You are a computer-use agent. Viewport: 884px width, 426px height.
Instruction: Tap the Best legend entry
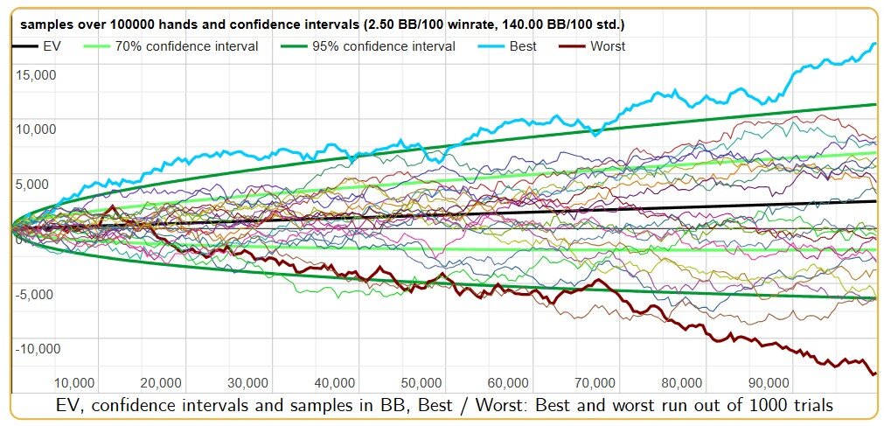521,46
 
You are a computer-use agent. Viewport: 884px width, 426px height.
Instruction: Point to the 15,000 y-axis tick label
35,74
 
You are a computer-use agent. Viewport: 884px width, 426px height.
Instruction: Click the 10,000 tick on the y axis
35,129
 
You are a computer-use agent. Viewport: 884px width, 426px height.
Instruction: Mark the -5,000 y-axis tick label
35,294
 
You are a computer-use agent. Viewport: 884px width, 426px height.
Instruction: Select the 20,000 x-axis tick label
161,383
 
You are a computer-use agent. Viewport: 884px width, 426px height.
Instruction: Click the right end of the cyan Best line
875,44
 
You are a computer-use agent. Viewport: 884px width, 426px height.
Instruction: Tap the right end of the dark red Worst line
875,374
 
